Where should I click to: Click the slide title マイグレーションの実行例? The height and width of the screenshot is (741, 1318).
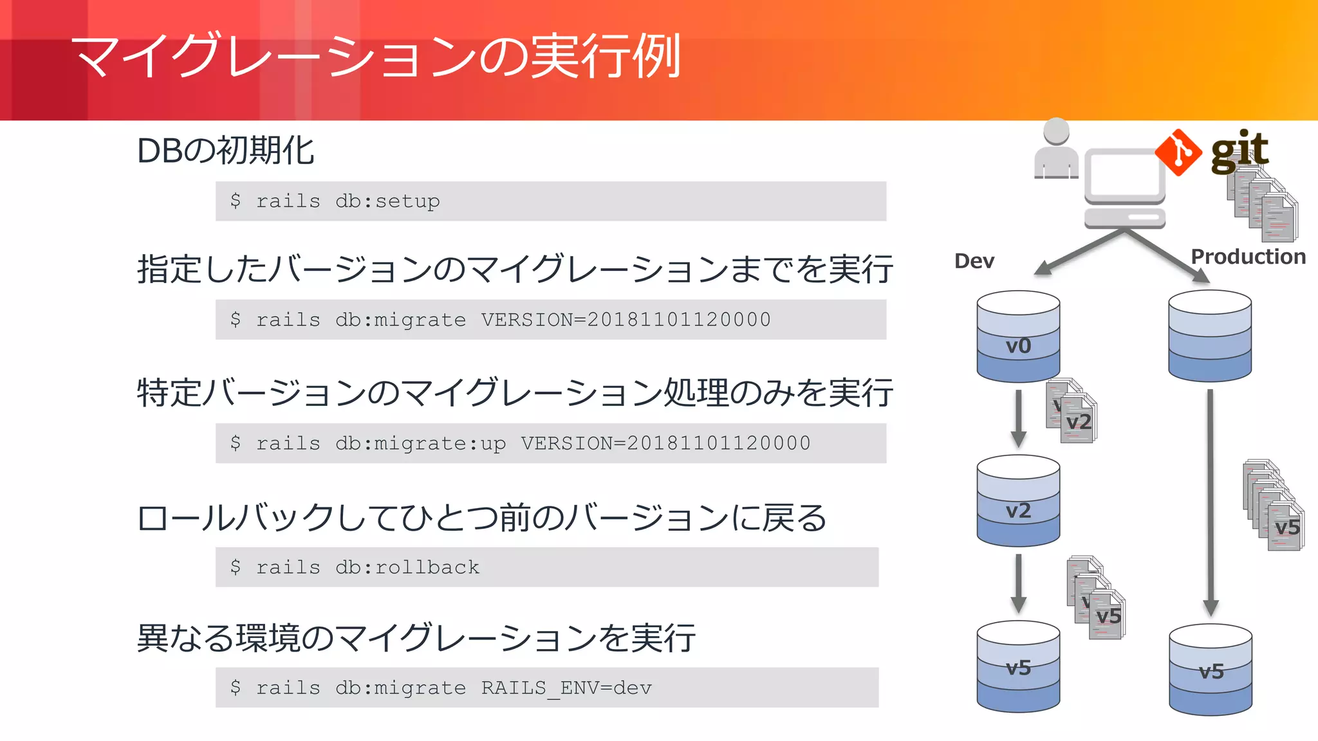(376, 57)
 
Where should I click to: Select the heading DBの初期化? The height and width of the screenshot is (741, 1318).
(225, 151)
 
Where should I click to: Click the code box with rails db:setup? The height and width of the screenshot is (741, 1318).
(550, 201)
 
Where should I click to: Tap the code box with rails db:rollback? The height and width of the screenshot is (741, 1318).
(546, 567)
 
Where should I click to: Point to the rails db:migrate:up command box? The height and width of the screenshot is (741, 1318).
(550, 443)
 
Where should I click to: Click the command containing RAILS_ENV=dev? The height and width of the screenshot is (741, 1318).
(546, 688)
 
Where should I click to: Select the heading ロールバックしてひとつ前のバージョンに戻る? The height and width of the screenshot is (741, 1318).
(481, 518)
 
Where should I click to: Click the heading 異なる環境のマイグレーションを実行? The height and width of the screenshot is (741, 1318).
(416, 638)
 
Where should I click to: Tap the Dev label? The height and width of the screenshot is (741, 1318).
(974, 261)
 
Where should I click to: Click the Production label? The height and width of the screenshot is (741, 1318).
(1248, 257)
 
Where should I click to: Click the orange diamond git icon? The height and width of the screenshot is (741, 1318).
(1178, 152)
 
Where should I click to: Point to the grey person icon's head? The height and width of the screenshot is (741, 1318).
(1056, 131)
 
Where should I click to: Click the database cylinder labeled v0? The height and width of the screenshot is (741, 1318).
(1018, 336)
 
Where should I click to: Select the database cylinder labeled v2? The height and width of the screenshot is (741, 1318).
(1018, 500)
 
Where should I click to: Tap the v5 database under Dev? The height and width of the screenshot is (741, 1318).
(1018, 666)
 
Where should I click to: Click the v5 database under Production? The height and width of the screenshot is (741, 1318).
(1210, 670)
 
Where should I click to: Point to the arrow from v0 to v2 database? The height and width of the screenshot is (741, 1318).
(1018, 417)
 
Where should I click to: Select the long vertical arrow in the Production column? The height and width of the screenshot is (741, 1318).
(1211, 502)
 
